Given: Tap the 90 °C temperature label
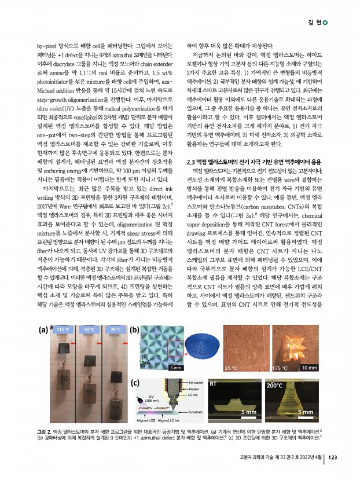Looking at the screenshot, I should [x=89, y=330].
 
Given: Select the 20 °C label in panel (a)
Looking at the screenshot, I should [x=113, y=330].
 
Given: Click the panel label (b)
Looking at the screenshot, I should [x=135, y=331].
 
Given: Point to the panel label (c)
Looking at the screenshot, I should [x=135, y=383].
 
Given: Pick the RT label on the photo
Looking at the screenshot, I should [x=214, y=384].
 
